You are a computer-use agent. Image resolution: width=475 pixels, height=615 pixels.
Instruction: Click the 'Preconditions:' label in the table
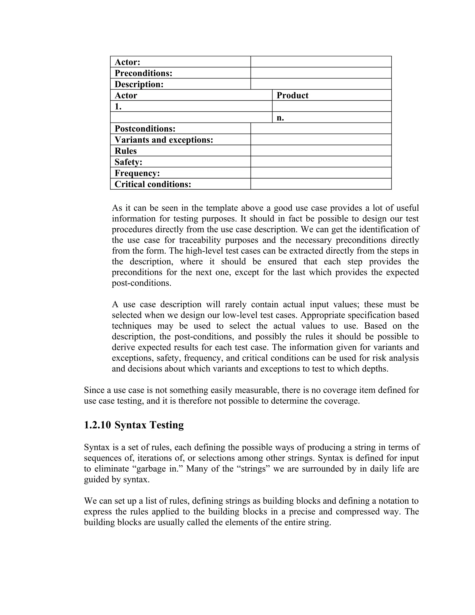pos(143,73)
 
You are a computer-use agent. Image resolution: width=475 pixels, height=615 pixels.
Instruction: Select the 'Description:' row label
pos(139,84)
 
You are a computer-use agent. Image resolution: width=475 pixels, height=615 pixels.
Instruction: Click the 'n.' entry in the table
pos(280,118)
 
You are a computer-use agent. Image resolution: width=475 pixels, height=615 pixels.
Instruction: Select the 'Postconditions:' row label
pos(145,129)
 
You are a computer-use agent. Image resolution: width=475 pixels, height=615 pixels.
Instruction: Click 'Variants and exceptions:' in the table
pos(164,140)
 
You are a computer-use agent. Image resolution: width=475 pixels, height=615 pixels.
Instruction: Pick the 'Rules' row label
pos(125,151)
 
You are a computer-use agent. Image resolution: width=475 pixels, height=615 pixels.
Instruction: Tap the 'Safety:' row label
pos(128,162)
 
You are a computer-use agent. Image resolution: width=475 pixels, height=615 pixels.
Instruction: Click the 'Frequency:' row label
pos(137,173)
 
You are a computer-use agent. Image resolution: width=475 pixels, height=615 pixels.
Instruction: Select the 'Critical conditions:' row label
pos(153,184)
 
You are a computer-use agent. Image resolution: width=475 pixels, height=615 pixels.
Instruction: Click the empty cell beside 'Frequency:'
pos(321,173)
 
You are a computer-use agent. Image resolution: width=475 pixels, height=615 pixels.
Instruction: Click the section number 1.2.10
pos(97,425)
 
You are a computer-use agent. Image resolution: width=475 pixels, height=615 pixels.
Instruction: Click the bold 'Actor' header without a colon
pos(125,95)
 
